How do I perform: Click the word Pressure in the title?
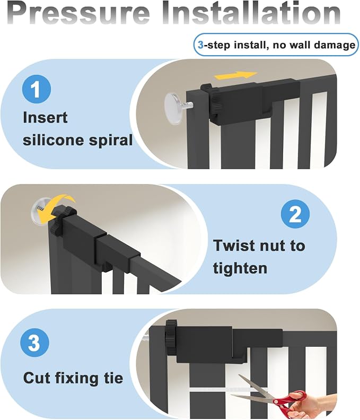tap(80, 13)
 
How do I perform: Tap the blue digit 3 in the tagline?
tap(200, 45)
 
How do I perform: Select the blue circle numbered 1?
tap(37, 89)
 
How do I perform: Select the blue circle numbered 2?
tap(295, 214)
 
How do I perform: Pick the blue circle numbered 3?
tap(34, 343)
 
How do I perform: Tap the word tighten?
tap(240, 268)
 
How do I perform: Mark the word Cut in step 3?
tap(37, 378)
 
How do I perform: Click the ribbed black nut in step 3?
tap(171, 337)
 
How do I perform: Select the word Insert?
tap(45, 117)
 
